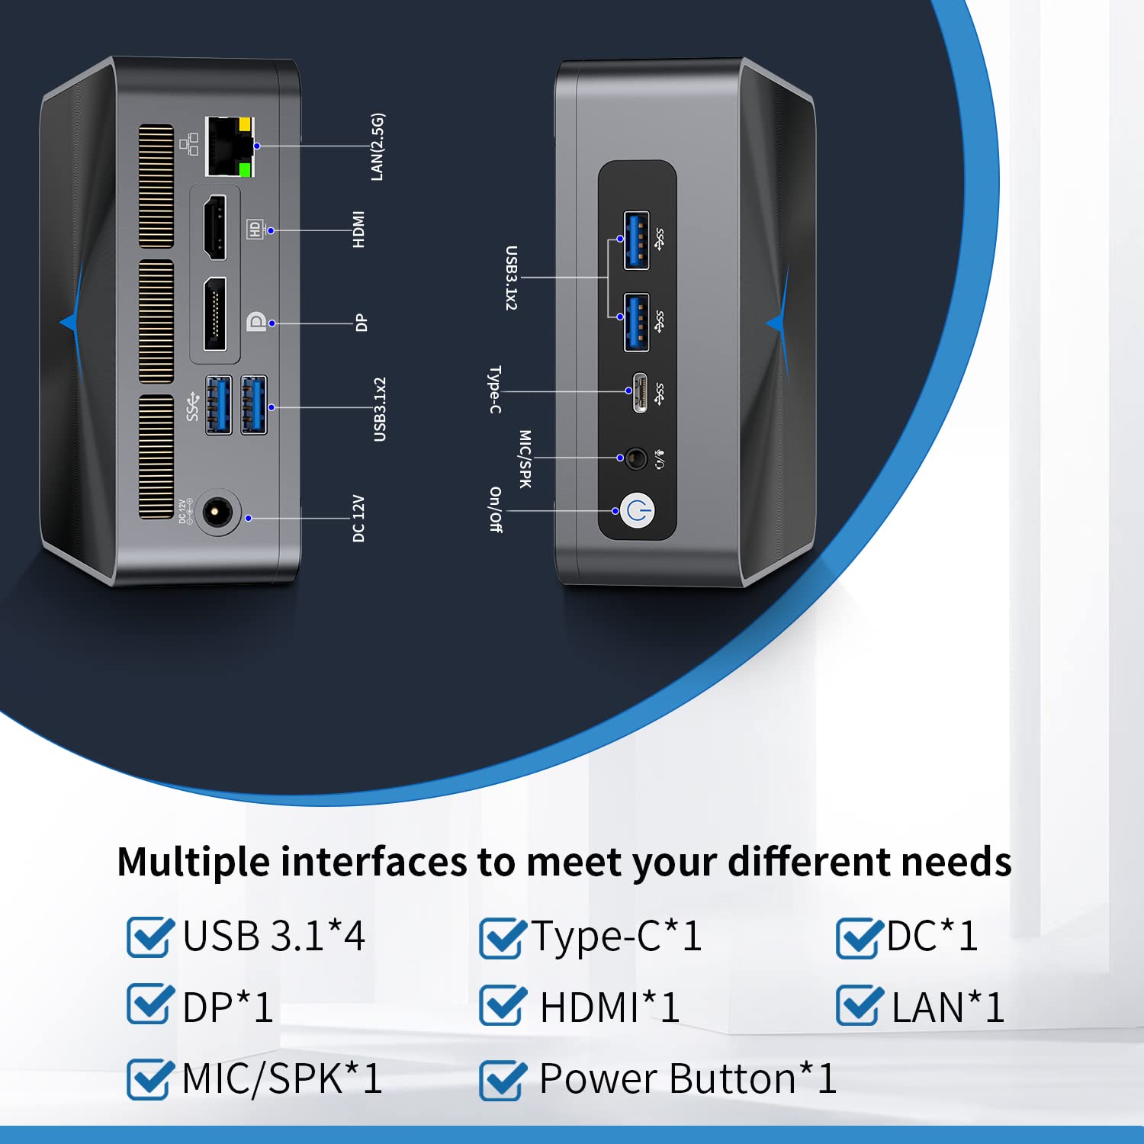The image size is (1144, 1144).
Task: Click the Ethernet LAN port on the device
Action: tap(230, 146)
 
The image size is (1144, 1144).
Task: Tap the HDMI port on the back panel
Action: tap(214, 227)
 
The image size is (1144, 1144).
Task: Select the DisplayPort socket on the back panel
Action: tap(215, 314)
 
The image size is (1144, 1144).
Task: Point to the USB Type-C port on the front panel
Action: tap(641, 392)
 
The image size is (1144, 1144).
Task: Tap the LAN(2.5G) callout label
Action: tap(378, 147)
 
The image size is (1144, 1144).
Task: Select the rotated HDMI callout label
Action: tap(358, 230)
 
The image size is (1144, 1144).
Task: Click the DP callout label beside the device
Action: tap(362, 323)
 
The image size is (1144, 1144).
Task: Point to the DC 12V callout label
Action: tap(358, 519)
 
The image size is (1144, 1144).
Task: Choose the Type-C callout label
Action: tap(495, 390)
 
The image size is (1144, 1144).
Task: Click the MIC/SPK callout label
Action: tap(525, 458)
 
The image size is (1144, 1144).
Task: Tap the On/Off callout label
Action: tap(496, 509)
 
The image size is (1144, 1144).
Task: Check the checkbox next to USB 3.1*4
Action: tap(148, 937)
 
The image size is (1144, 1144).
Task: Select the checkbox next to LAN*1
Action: tap(858, 1006)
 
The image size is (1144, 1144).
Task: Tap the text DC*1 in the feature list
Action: tap(932, 936)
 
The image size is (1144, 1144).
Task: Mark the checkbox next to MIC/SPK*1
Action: tap(148, 1079)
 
